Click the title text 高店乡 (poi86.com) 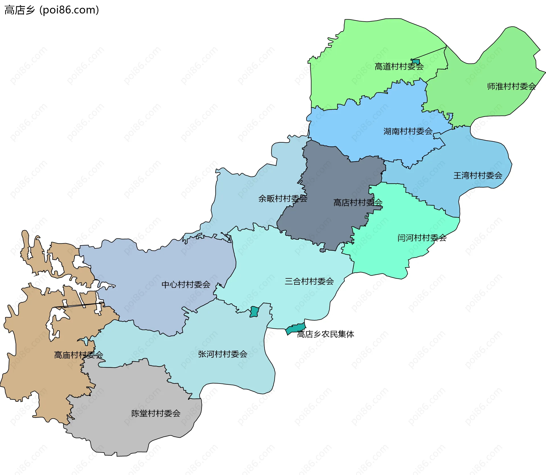click(x=52, y=10)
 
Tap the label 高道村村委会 click(x=399, y=66)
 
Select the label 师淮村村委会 click(x=511, y=86)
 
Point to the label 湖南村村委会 click(x=408, y=131)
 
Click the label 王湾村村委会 click(x=478, y=176)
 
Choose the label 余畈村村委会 click(x=283, y=199)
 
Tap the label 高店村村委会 click(x=358, y=203)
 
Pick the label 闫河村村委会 click(x=422, y=238)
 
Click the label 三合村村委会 click(x=309, y=282)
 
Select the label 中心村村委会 click(x=186, y=285)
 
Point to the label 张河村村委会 click(x=223, y=354)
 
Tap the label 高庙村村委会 click(x=78, y=355)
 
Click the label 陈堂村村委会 click(x=156, y=414)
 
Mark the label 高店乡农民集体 click(x=326, y=334)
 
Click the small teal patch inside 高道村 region click(x=416, y=61)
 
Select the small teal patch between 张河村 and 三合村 click(x=254, y=312)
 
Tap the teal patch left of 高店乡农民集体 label click(x=295, y=328)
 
